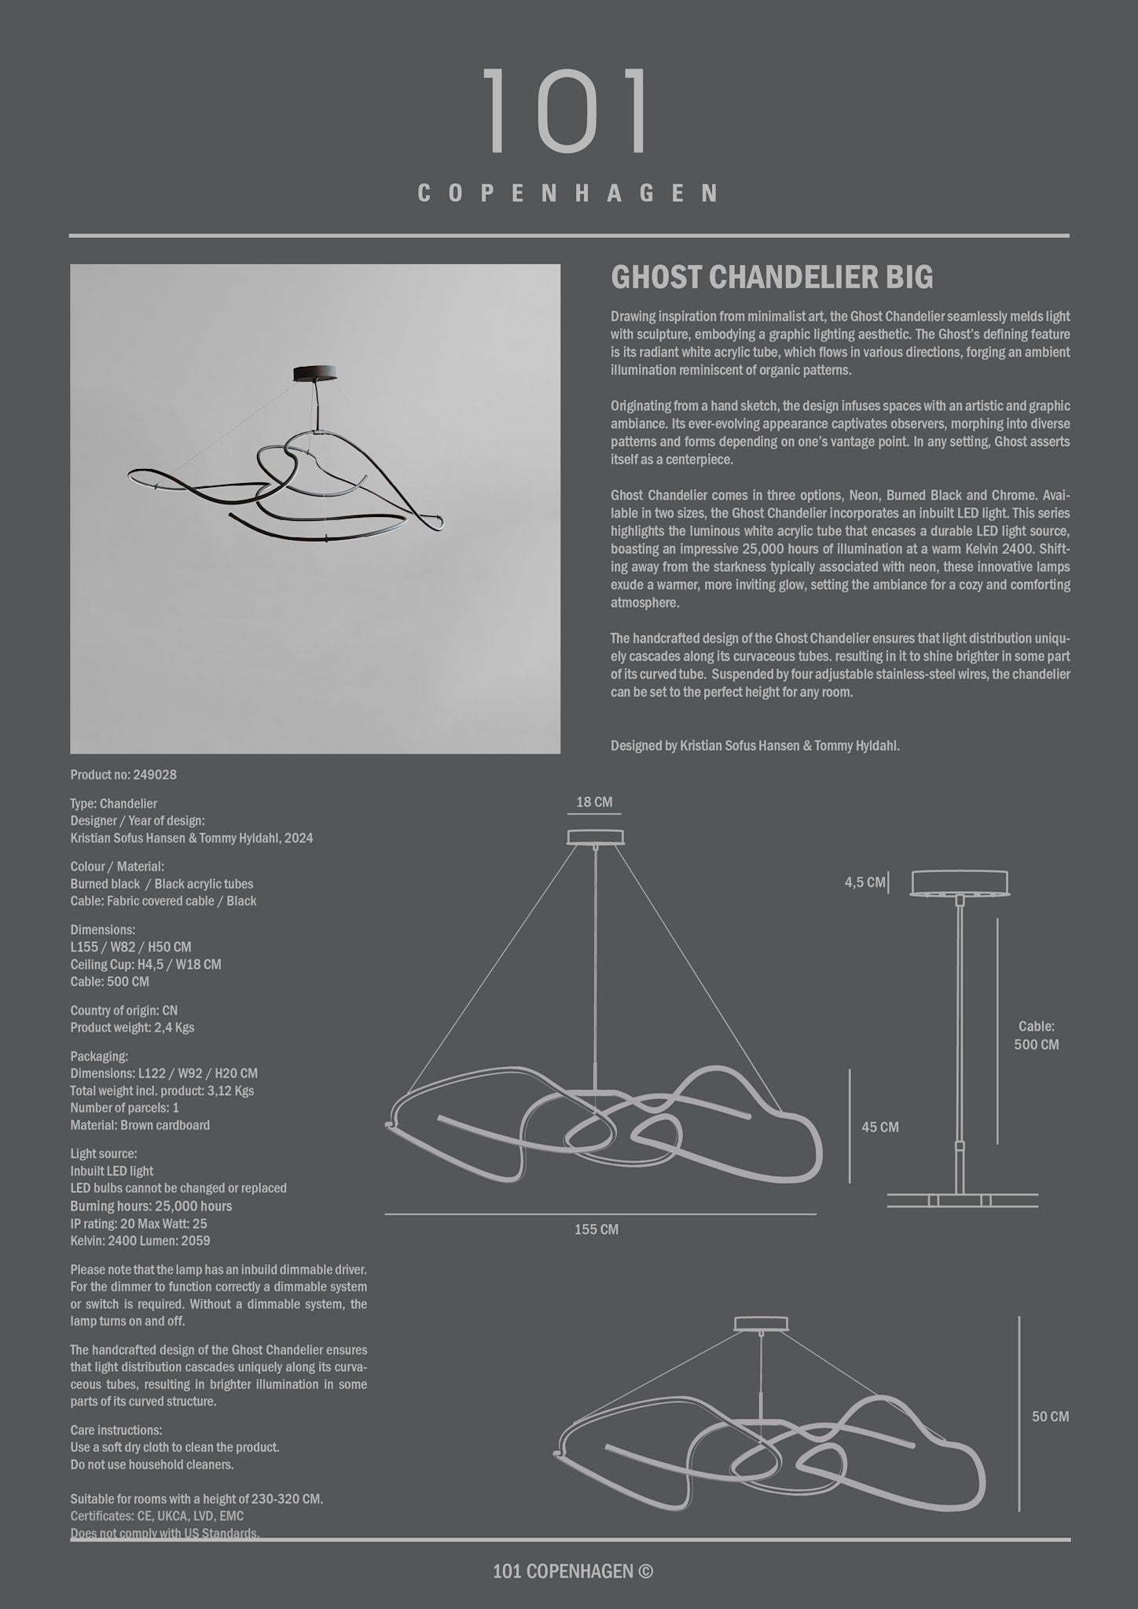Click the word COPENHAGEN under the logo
(568, 193)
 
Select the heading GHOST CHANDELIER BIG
(772, 277)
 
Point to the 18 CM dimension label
(594, 802)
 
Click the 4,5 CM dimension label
(865, 882)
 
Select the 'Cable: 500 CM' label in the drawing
(1037, 1035)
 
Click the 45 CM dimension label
(879, 1127)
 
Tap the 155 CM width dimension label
(597, 1230)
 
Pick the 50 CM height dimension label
(1050, 1417)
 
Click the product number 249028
(123, 775)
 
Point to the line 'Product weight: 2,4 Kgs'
(132, 1028)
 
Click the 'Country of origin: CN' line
(124, 1010)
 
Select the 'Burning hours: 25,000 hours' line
(151, 1206)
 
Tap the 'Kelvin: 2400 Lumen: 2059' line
(140, 1241)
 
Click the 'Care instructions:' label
(116, 1430)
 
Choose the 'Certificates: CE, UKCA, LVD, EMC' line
(157, 1516)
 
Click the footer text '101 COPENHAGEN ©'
(573, 1571)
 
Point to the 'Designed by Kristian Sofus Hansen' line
(754, 746)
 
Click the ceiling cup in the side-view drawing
(960, 882)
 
